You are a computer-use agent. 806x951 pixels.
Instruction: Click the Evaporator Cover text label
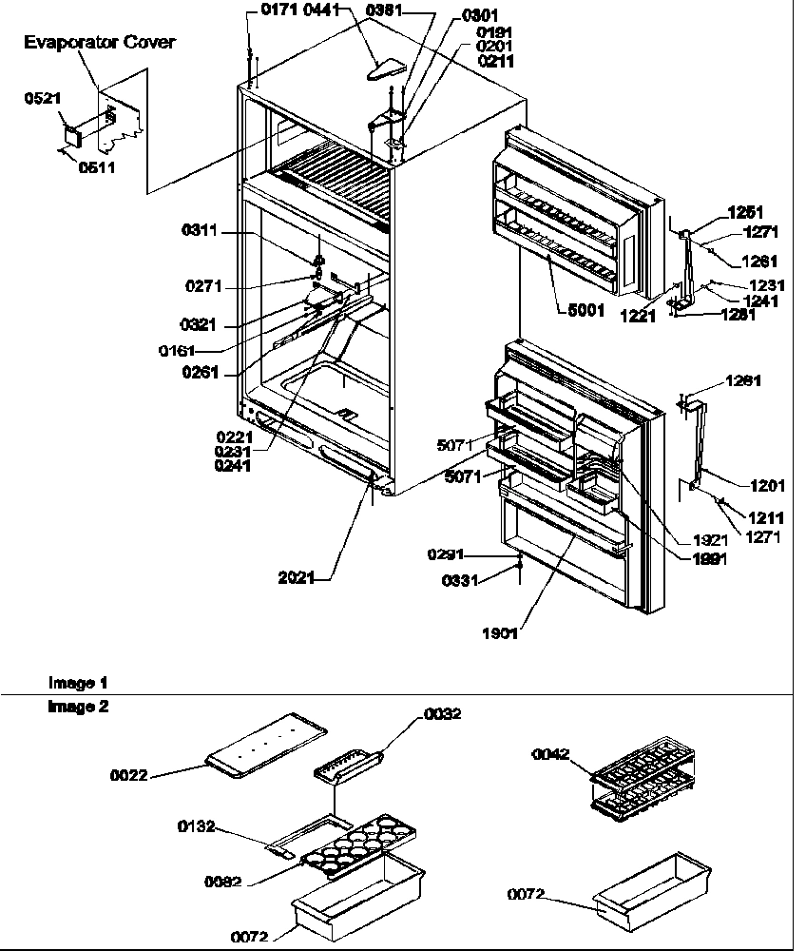tap(99, 43)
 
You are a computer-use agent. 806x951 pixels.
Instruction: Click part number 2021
tap(297, 577)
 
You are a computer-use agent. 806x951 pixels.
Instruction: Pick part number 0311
tap(201, 230)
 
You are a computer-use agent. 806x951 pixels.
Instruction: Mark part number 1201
tap(767, 486)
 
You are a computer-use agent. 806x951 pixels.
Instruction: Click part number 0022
tap(129, 775)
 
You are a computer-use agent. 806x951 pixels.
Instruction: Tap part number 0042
tap(551, 754)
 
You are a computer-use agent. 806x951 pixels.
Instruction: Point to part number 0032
tap(442, 714)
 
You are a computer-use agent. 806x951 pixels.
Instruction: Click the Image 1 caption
tap(78, 683)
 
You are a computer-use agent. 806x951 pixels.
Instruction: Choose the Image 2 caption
tap(78, 708)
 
